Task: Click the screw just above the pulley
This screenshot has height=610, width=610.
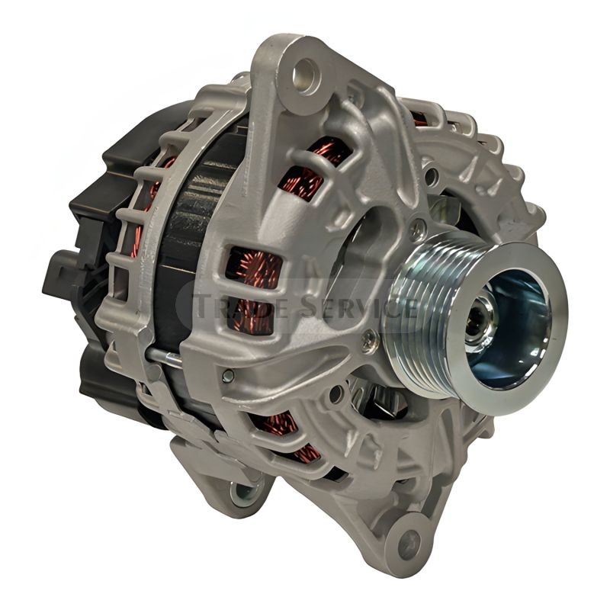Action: coord(417,226)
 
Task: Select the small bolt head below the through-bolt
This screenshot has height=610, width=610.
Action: coord(227,375)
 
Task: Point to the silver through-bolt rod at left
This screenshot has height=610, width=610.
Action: coord(164,354)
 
